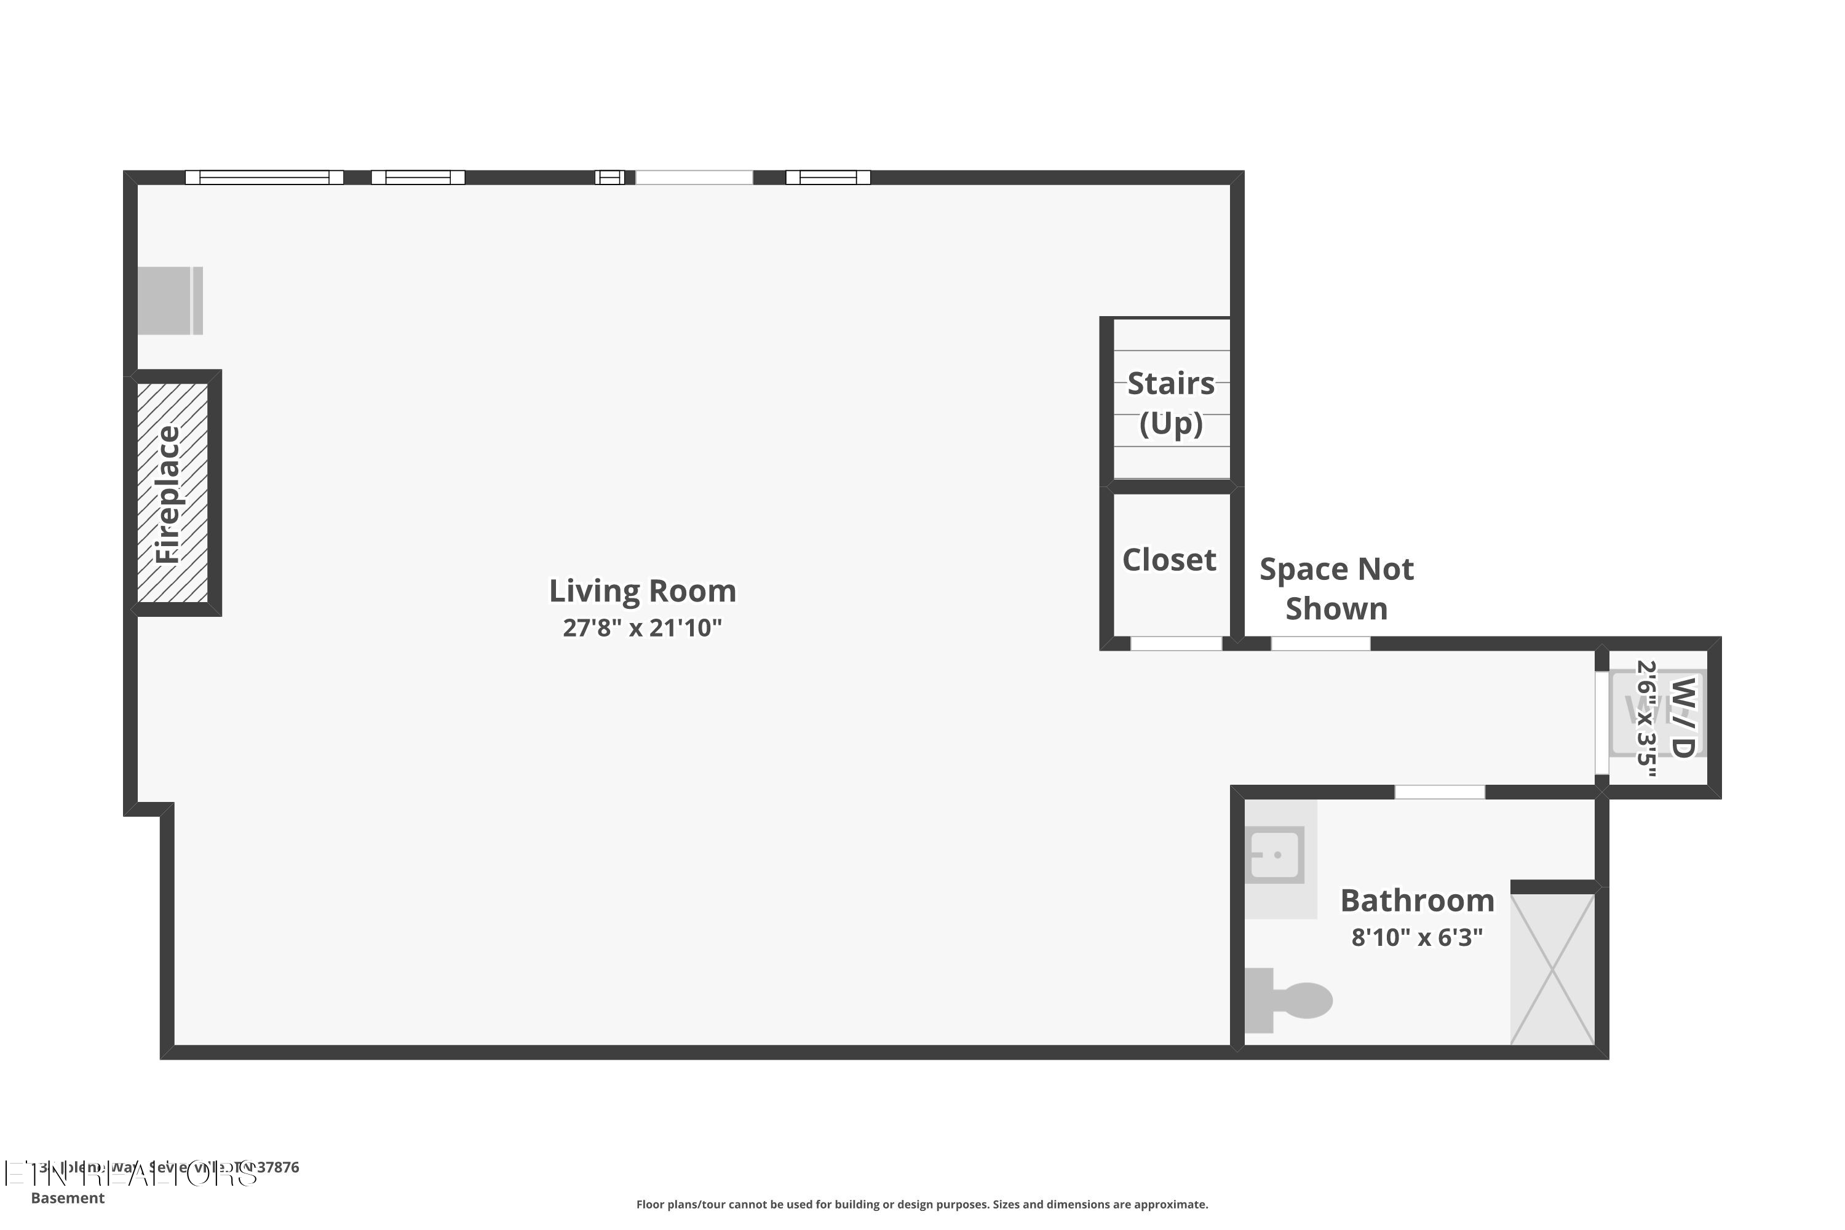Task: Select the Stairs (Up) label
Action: (x=1170, y=403)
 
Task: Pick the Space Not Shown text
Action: (x=1336, y=589)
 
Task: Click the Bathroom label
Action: (x=1417, y=900)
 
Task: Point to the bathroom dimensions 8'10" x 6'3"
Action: (x=1417, y=937)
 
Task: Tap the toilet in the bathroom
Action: (x=1290, y=1000)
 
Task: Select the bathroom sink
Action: (x=1276, y=854)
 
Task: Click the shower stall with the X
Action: (x=1552, y=970)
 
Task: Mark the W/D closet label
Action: (x=1682, y=717)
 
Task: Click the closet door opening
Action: (x=1175, y=644)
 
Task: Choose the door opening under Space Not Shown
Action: (x=1320, y=644)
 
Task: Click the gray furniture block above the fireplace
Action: (x=170, y=301)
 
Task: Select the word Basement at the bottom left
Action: (x=68, y=1198)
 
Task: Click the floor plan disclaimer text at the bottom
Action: (x=922, y=1204)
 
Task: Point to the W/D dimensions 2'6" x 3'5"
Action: (x=1646, y=718)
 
